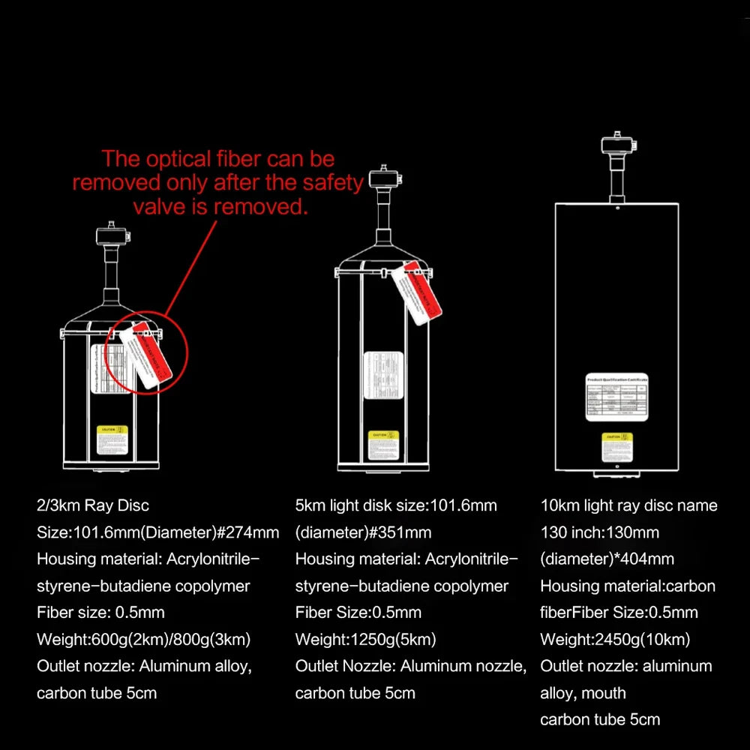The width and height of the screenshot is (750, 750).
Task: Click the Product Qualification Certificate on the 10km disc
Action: point(616,397)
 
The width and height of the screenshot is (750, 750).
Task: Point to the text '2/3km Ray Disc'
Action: point(97,505)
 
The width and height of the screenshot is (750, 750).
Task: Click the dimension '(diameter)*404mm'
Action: point(607,559)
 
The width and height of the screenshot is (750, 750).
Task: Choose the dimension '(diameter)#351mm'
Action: point(363,532)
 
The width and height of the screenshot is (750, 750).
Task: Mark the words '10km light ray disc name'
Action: point(628,505)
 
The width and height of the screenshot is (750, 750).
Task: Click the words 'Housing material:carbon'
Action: point(628,586)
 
